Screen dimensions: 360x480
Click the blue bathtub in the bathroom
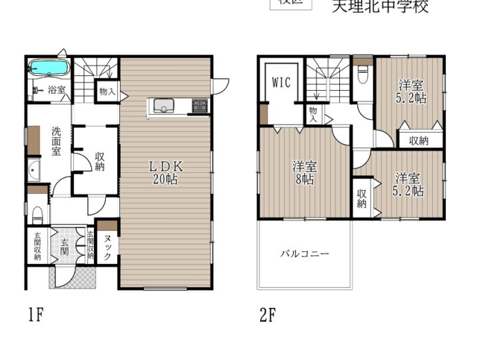coord(49,68)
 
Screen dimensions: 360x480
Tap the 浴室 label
coord(56,90)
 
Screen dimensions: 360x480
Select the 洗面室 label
coord(57,141)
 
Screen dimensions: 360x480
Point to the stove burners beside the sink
coord(200,105)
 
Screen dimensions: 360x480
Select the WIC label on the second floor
coord(281,83)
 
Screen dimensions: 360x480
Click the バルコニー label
coord(304,254)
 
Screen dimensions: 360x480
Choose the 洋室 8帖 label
coord(304,173)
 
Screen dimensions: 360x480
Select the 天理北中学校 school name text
coord(380,7)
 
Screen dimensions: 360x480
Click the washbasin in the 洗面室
coord(35,172)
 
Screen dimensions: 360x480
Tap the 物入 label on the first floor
coord(106,91)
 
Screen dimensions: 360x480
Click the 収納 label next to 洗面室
coord(99,160)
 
